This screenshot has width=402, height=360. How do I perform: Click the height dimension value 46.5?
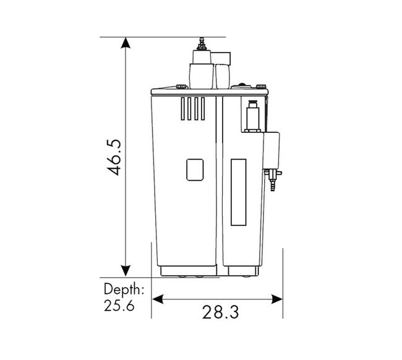pos(113,158)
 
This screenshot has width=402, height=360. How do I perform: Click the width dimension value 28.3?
pos(221,312)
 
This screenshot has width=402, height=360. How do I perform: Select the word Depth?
pos(124,290)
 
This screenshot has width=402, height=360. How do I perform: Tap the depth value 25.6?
pos(119,306)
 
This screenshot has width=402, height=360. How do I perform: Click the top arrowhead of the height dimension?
pos(126,43)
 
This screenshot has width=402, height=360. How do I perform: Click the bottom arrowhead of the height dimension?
pos(126,271)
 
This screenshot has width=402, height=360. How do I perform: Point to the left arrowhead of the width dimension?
pos(158,299)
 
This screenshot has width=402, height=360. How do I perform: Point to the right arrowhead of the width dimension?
pos(276,299)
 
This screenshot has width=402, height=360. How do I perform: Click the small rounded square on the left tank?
pos(195,169)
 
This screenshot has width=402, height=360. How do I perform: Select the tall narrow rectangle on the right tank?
pos(239,192)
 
